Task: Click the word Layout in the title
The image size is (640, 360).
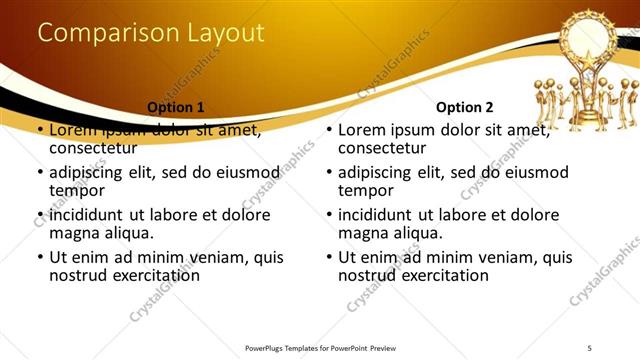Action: (x=224, y=33)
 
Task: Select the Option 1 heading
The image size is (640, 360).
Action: (x=176, y=107)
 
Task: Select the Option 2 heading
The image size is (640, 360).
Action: (x=465, y=107)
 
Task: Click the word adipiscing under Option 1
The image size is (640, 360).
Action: (x=92, y=172)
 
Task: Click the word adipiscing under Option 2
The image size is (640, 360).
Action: (x=380, y=172)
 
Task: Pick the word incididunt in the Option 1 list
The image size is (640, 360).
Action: (x=92, y=215)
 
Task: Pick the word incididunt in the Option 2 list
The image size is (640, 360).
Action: (x=380, y=215)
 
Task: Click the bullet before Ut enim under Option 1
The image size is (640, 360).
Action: (x=40, y=258)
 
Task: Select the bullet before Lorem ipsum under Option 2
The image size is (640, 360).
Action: (x=328, y=131)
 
